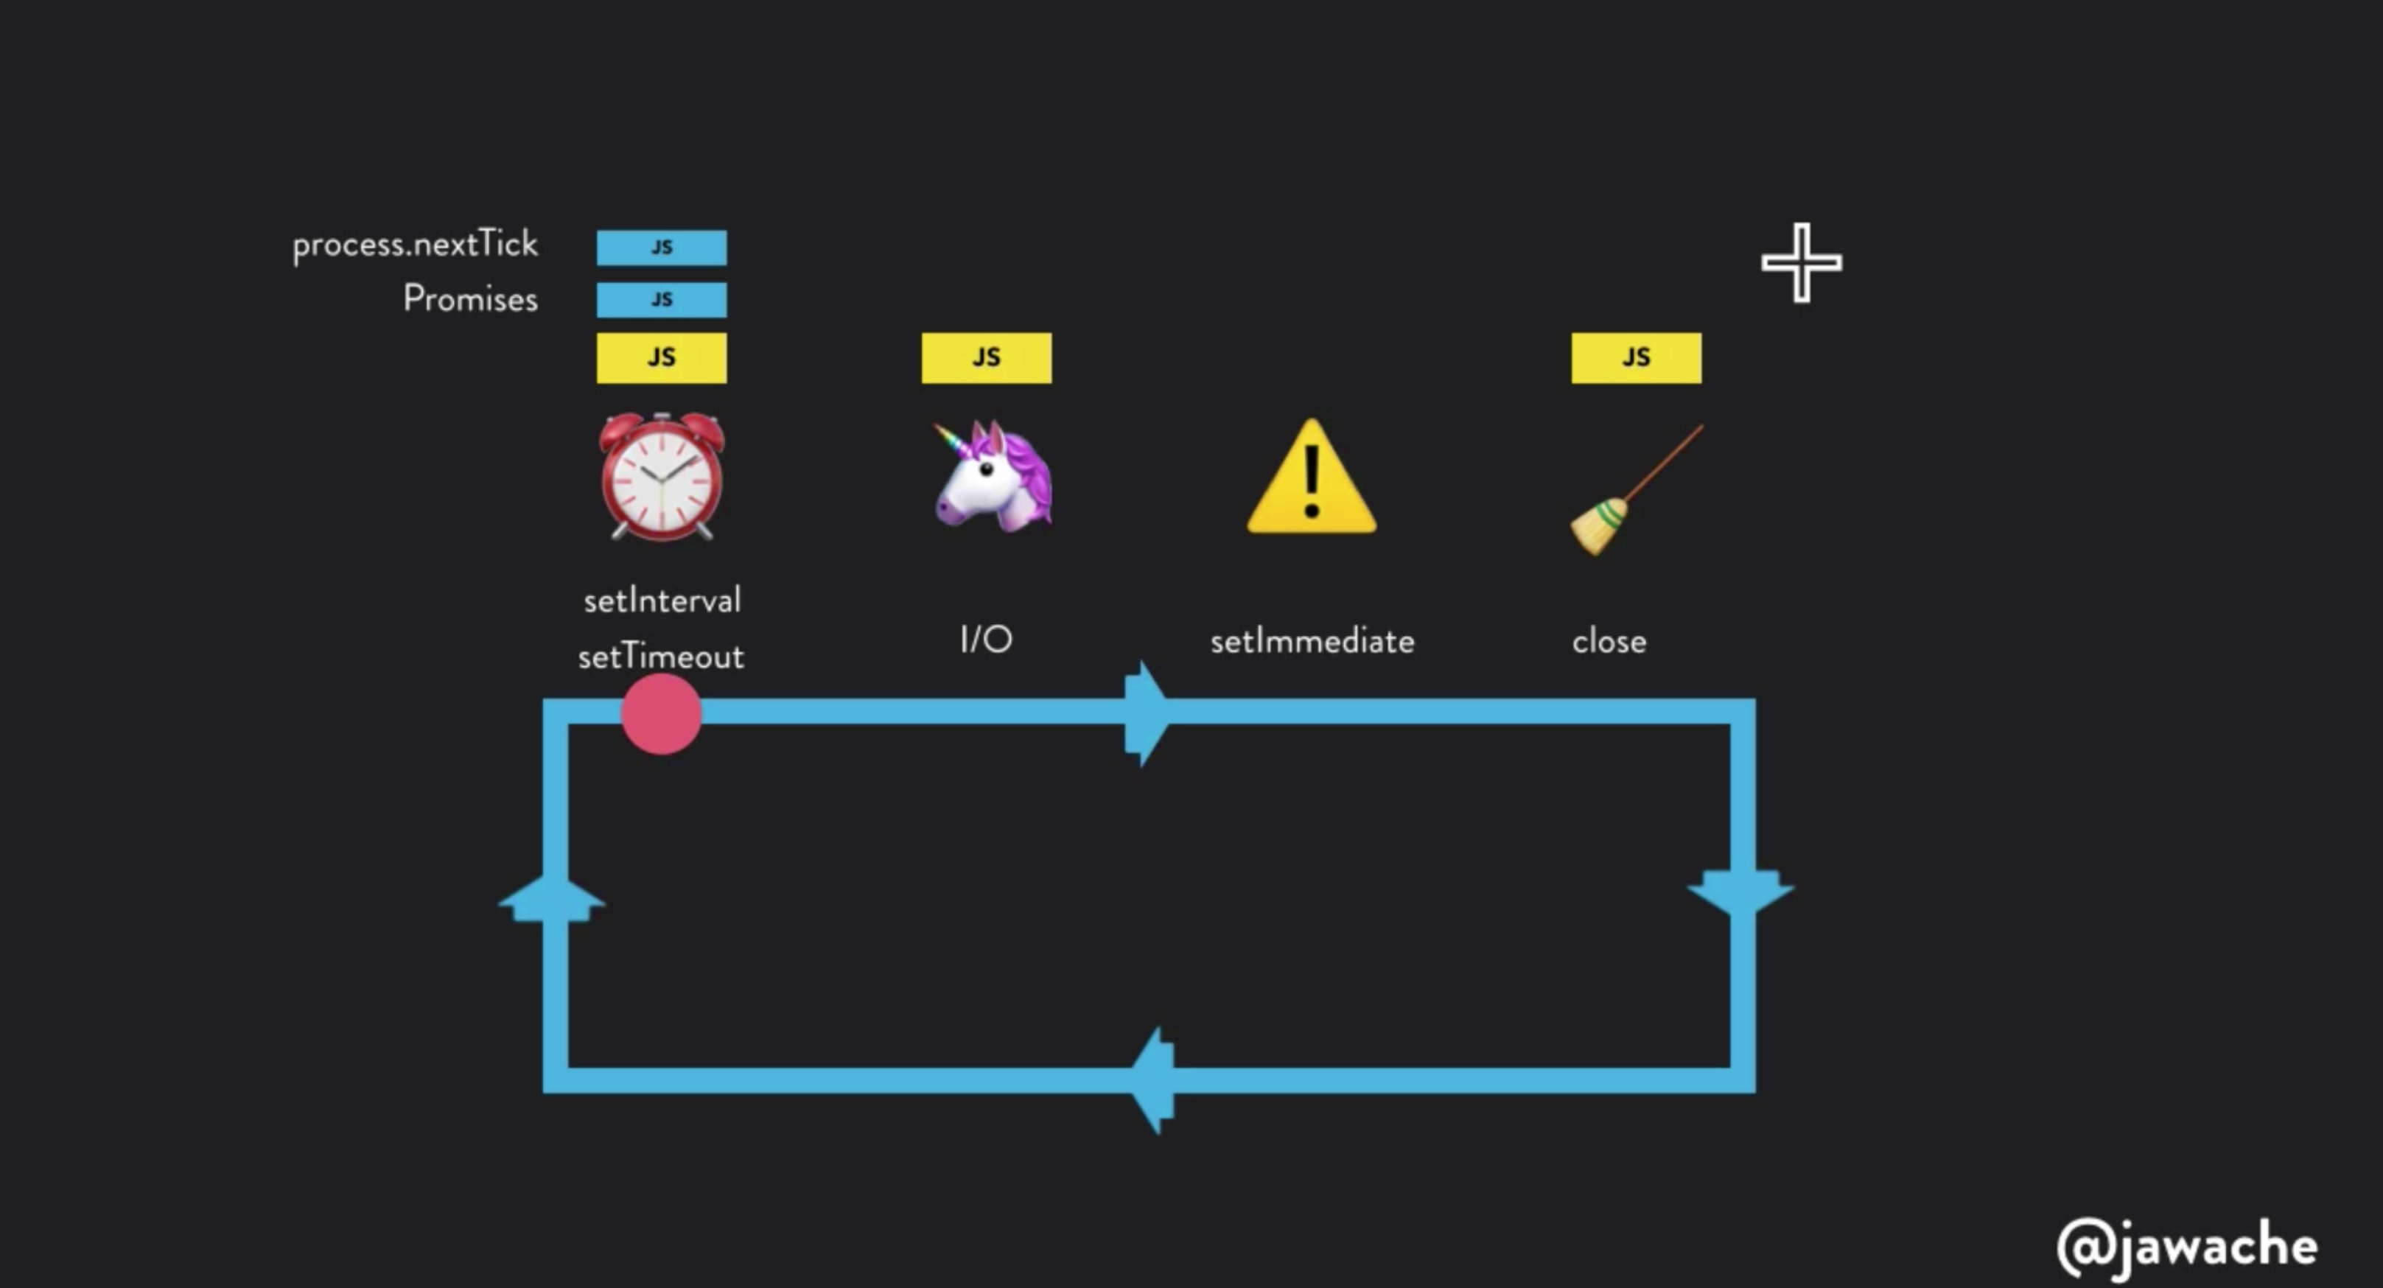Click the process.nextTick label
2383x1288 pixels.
(414, 245)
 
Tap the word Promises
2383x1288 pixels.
(470, 299)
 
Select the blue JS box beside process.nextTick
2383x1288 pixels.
(662, 247)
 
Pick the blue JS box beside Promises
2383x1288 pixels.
(662, 300)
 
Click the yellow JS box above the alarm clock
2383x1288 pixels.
(662, 357)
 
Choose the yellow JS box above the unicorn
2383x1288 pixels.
(986, 357)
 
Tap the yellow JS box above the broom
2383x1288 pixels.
(1636, 357)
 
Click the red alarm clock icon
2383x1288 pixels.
(662, 477)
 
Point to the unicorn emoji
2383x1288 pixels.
(992, 477)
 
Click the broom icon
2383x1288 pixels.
(1634, 491)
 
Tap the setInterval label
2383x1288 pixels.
(662, 601)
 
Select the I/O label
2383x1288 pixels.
(986, 640)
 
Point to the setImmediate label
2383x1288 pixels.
(1312, 641)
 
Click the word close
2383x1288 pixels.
(1609, 641)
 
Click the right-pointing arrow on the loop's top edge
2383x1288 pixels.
(1145, 713)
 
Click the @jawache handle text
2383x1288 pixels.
(2187, 1246)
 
